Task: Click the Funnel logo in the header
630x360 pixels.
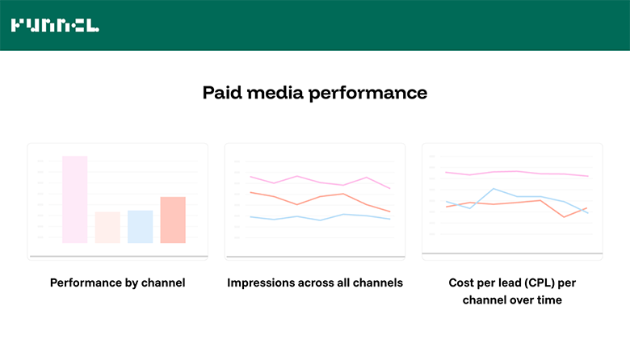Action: pos(55,25)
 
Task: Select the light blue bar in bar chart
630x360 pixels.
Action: pos(140,227)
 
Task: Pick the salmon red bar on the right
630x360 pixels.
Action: pos(173,220)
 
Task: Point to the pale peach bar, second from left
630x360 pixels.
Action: pos(107,228)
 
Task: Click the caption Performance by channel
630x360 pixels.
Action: pos(118,283)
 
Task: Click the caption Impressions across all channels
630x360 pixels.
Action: pos(315,283)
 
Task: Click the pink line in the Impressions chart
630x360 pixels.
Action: pos(298,177)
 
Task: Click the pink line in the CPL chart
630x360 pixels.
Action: pos(517,173)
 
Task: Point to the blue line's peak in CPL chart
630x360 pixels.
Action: pos(494,189)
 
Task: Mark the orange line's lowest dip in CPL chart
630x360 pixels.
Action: pos(565,216)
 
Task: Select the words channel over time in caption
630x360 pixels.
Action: pos(512,300)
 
